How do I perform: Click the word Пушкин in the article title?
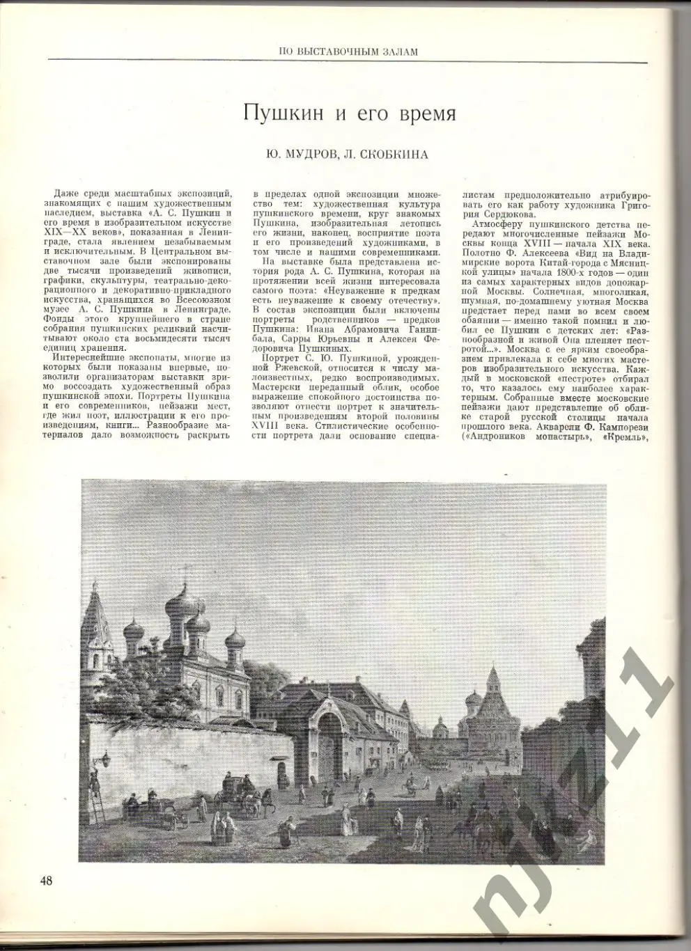coord(278,113)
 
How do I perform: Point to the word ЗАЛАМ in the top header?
coord(401,50)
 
